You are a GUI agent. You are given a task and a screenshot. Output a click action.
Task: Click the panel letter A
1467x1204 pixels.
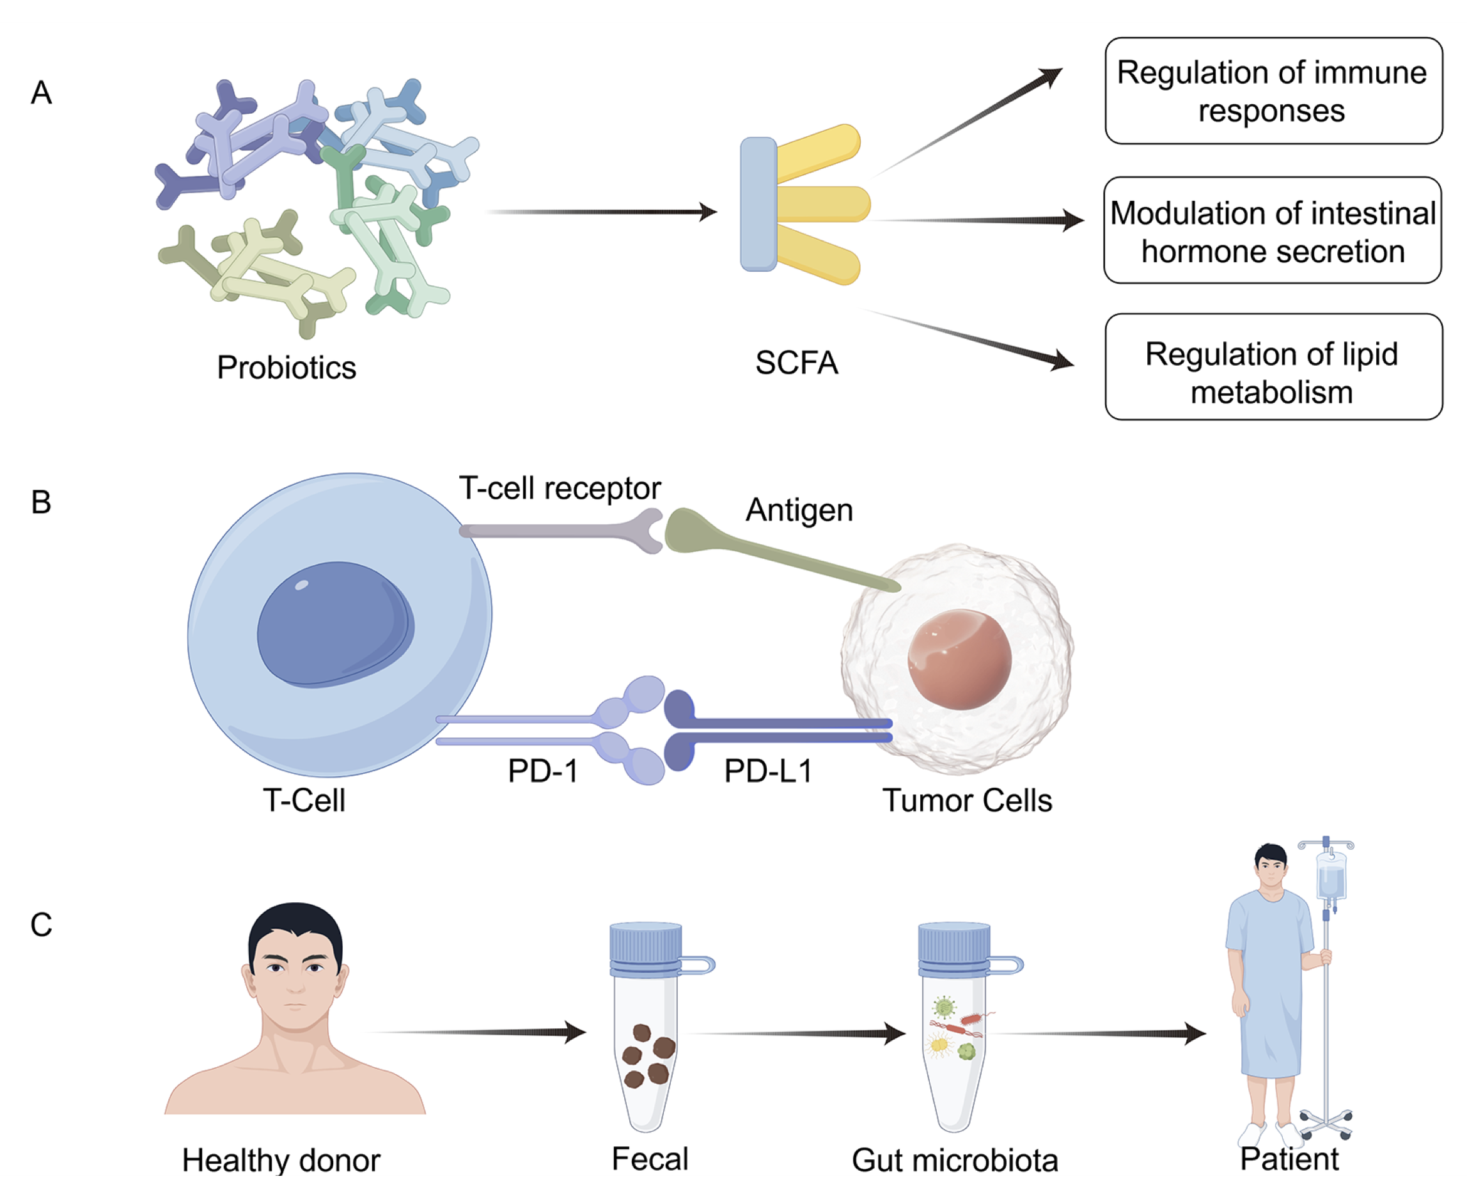click(42, 92)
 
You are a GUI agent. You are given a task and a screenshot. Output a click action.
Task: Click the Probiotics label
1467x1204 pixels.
click(286, 368)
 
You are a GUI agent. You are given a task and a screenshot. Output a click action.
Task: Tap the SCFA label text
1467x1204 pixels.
click(796, 363)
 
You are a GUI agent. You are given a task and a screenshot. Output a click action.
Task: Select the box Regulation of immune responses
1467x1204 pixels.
click(1273, 91)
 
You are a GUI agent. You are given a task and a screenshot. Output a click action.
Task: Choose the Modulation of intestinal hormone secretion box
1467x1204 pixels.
click(1272, 230)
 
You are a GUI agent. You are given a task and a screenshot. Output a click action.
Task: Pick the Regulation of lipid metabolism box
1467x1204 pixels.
click(1273, 367)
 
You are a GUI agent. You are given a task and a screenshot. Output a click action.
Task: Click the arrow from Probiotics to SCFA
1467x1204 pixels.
click(604, 212)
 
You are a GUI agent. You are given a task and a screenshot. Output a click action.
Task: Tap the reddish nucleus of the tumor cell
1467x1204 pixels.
click(959, 659)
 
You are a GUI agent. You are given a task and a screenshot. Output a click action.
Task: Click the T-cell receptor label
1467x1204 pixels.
click(559, 489)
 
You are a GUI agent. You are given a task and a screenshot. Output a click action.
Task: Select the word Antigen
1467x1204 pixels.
click(799, 510)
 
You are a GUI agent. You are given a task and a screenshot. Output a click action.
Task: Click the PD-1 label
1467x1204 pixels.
click(542, 770)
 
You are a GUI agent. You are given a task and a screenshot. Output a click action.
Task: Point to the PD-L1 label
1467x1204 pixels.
click(768, 770)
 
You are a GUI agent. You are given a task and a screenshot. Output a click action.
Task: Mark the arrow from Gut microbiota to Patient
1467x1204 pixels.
click(1103, 1033)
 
